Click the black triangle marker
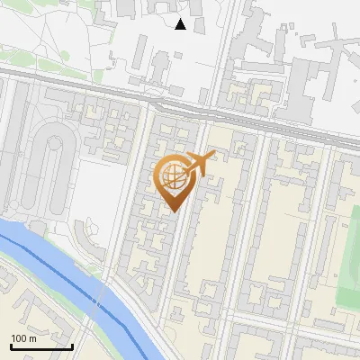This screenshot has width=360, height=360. [x=181, y=24]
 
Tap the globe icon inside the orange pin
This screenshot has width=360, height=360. [x=175, y=176]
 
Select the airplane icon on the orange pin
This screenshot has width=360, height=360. [x=200, y=164]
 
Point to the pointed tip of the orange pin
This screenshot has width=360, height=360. [x=175, y=211]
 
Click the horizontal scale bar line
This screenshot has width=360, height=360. [x=41, y=346]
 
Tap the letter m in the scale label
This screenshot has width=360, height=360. [x=32, y=338]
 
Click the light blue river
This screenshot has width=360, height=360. [x=54, y=261]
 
